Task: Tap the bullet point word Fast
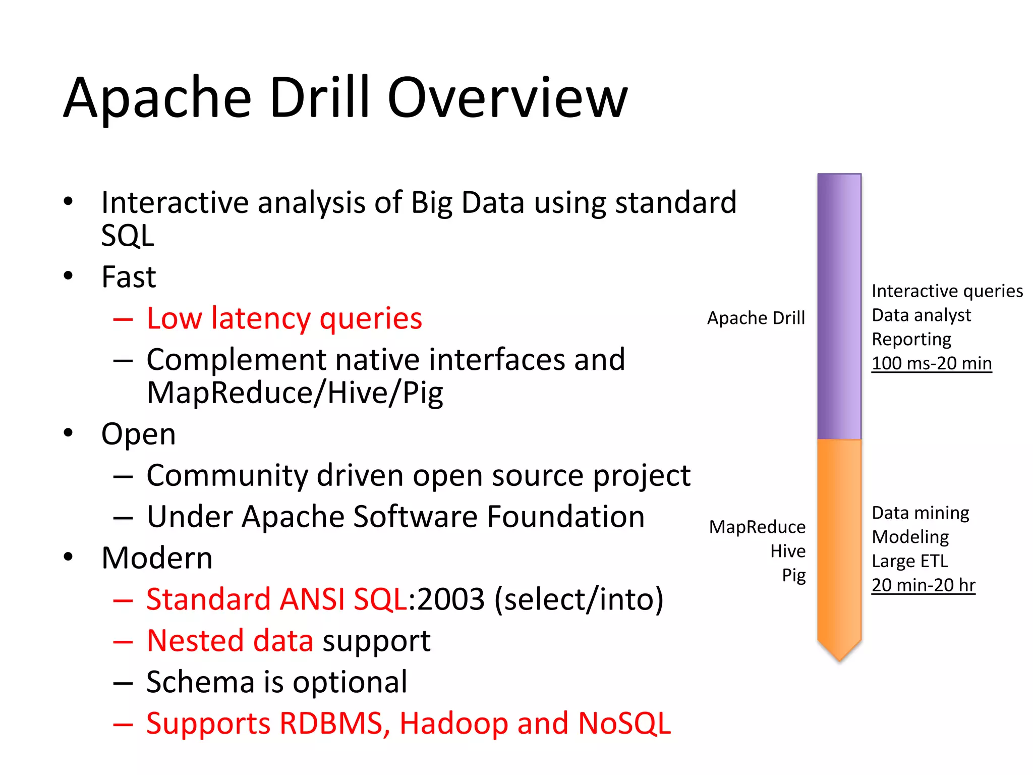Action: tap(129, 277)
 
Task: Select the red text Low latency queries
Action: tap(284, 318)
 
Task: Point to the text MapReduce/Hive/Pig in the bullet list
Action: tap(295, 393)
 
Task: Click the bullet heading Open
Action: tap(138, 434)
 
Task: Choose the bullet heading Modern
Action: tap(157, 558)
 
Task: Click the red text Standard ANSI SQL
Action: tap(276, 599)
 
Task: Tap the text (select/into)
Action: tap(579, 599)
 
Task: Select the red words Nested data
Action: tap(230, 641)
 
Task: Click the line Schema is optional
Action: tap(276, 682)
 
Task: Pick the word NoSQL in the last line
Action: tap(624, 724)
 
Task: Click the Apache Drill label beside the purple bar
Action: tap(756, 318)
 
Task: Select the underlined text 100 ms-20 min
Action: tap(931, 363)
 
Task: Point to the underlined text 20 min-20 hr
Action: tap(923, 585)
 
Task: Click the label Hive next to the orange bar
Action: tap(787, 551)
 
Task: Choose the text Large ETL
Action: tap(909, 561)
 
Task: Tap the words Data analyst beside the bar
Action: tap(921, 315)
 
